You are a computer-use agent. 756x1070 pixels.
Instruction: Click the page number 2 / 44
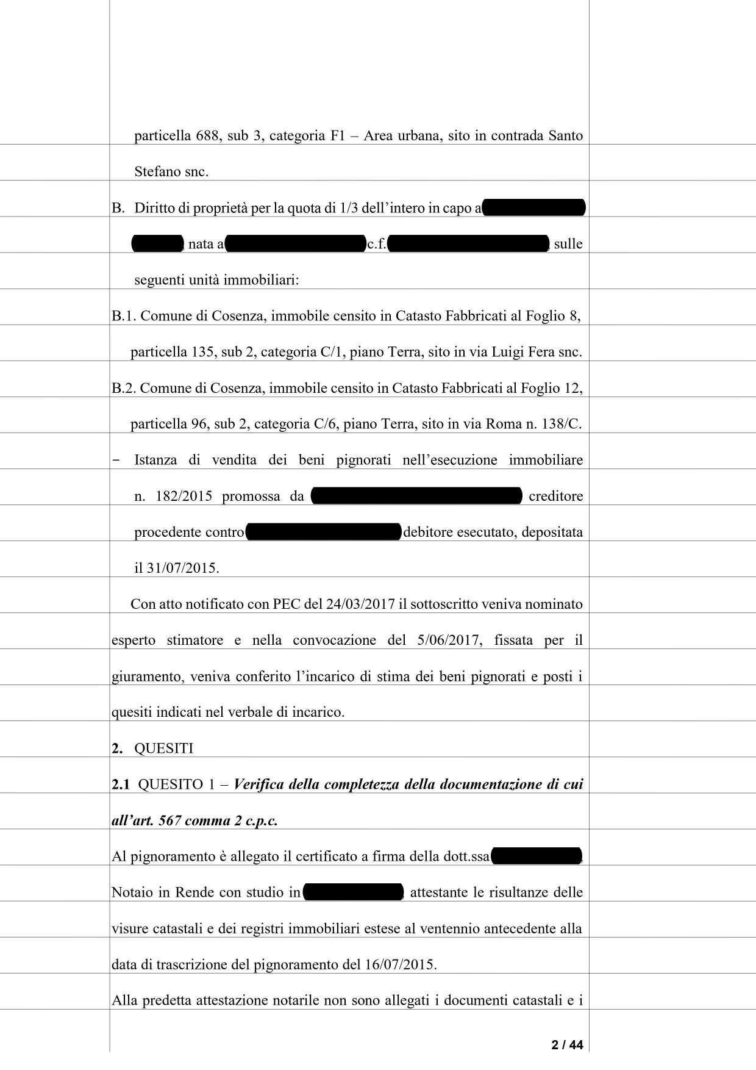tap(567, 1045)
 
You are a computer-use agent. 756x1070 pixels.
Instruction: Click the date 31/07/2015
tap(182, 568)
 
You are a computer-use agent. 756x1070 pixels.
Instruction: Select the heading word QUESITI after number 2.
tap(163, 749)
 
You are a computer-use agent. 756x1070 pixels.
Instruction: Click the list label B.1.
tap(124, 316)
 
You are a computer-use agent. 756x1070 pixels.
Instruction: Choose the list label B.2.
tap(124, 388)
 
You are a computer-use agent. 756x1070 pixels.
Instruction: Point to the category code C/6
tap(325, 424)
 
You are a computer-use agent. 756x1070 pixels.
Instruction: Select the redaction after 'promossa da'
tap(416, 496)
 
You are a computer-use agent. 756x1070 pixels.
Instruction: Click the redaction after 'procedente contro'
tap(323, 532)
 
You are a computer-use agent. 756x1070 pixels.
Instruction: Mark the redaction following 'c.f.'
tap(468, 244)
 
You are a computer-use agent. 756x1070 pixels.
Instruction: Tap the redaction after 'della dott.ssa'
tap(536, 856)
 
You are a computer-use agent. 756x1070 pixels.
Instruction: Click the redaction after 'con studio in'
tap(353, 892)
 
